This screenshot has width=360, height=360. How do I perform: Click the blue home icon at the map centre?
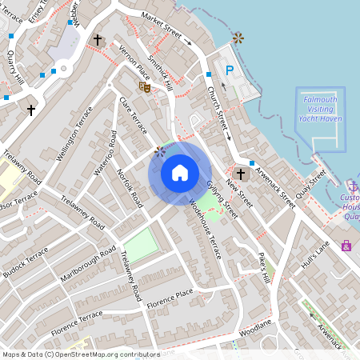(x=180, y=172)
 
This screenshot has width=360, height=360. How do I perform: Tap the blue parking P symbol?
(x=229, y=71)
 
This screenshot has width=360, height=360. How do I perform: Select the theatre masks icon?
(x=145, y=86)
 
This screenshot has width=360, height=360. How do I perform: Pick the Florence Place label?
(x=170, y=298)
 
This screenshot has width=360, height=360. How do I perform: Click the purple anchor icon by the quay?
(x=353, y=186)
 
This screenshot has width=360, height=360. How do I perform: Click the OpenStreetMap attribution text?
(x=80, y=354)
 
